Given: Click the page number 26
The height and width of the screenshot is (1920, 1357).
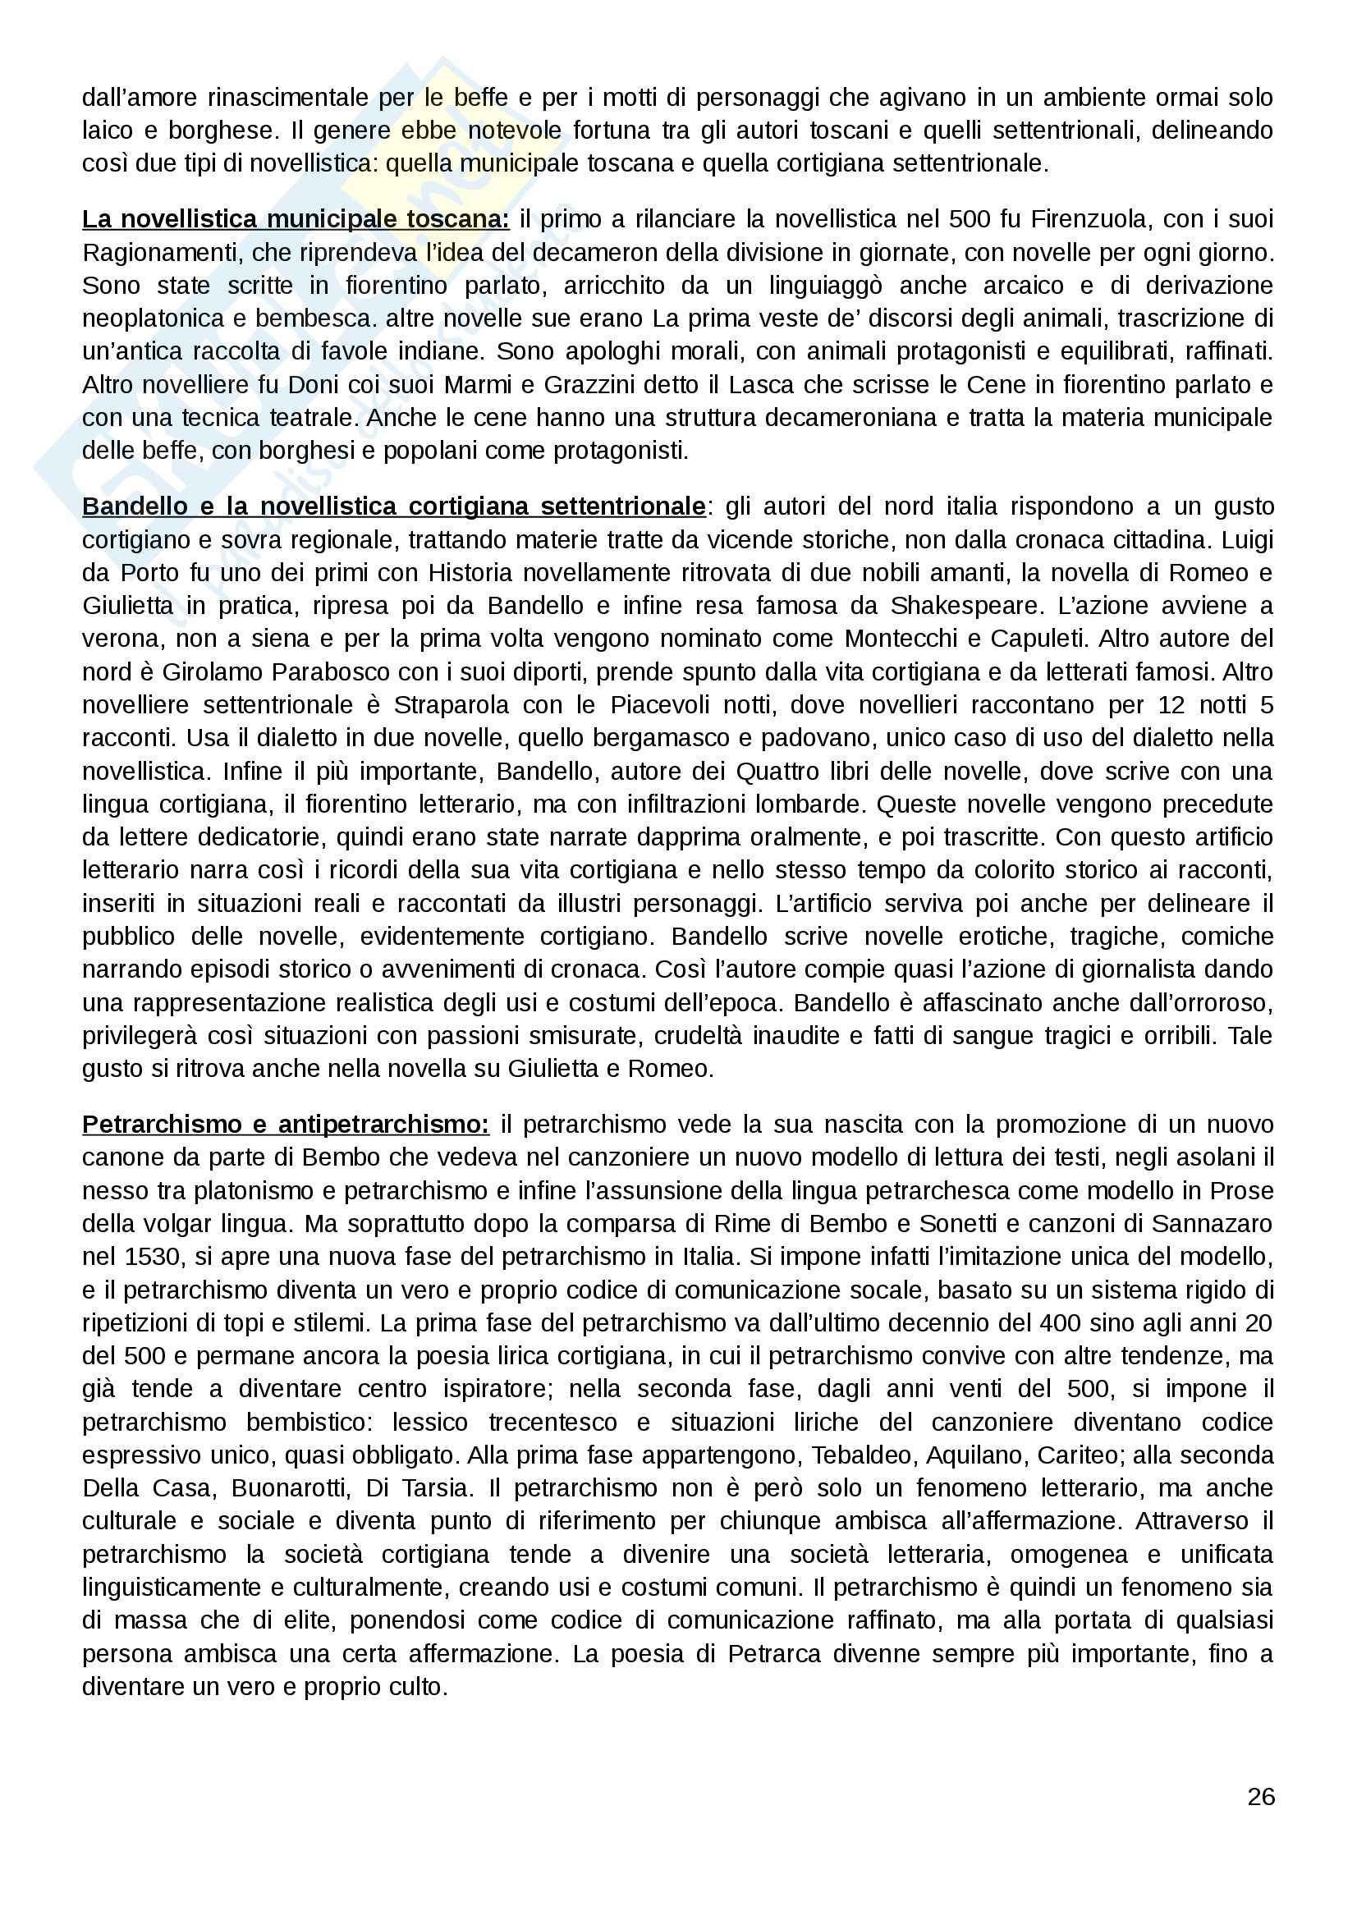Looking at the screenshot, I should click(1260, 1796).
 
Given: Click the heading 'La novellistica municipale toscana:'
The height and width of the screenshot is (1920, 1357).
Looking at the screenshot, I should click(296, 219).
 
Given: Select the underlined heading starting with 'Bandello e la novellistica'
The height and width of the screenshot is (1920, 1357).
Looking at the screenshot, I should click(394, 506).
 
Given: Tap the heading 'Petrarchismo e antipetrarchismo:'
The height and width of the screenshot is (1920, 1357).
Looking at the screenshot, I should click(286, 1125).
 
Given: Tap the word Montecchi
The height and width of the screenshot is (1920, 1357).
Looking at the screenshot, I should click(900, 639).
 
